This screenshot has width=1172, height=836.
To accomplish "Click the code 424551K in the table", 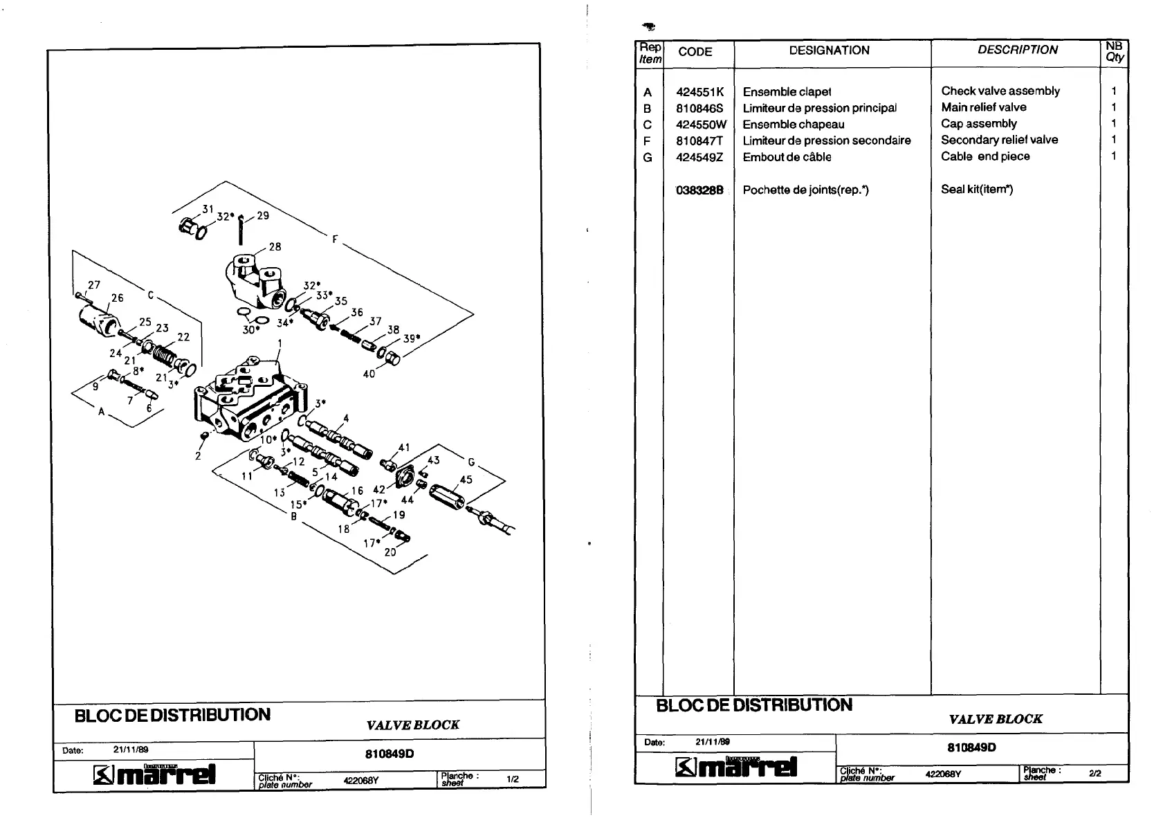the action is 699,92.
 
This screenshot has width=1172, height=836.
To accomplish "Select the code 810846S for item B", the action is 699,109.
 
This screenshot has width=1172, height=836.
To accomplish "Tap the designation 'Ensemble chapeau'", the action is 793,125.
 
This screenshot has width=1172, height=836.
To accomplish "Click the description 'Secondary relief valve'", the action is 999,140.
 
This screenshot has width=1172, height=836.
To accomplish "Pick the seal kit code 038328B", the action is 699,190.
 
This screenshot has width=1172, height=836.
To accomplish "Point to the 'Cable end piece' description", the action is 985,156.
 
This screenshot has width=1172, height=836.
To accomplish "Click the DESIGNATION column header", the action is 829,51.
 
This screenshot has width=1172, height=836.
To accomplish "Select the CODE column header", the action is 695,52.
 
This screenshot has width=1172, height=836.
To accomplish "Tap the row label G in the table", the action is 648,158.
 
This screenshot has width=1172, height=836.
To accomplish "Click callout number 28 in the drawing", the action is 275,247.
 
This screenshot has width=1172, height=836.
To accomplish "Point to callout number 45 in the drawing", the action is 466,480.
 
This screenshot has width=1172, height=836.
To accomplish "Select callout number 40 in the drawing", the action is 369,374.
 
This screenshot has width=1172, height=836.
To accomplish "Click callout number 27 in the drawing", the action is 94,284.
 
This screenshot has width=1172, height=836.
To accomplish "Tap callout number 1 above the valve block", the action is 280,343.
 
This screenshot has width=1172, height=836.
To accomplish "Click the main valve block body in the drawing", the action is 249,401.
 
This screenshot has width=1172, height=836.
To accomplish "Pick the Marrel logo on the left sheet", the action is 155,774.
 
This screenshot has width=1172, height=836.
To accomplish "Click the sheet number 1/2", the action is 513,779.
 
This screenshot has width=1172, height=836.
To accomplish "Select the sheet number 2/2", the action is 1095,774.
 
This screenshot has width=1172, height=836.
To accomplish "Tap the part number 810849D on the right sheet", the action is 971,747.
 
